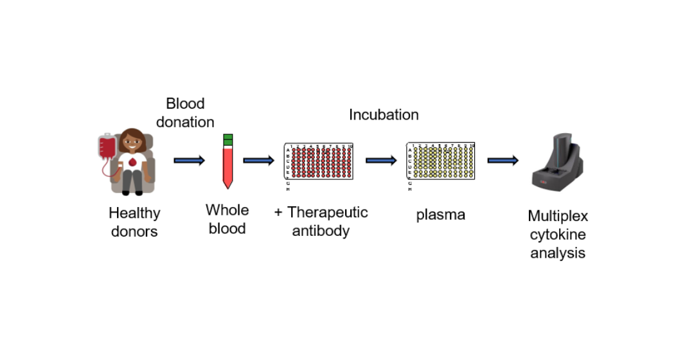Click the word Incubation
[x=384, y=114]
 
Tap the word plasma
[x=440, y=215]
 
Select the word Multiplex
[x=558, y=216]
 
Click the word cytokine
[x=558, y=235]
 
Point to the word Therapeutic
[x=328, y=213]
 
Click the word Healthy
[x=134, y=213]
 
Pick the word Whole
[x=227, y=210]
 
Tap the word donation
[x=185, y=122]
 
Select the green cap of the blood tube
[x=228, y=140]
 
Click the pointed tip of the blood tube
[x=228, y=188]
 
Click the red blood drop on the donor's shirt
[x=132, y=163]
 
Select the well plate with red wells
[x=319, y=161]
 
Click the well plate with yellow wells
[x=440, y=161]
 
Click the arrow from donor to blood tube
[x=190, y=160]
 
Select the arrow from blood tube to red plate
[x=259, y=160]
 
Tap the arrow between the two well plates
[x=381, y=160]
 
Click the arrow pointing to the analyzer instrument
[x=503, y=160]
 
